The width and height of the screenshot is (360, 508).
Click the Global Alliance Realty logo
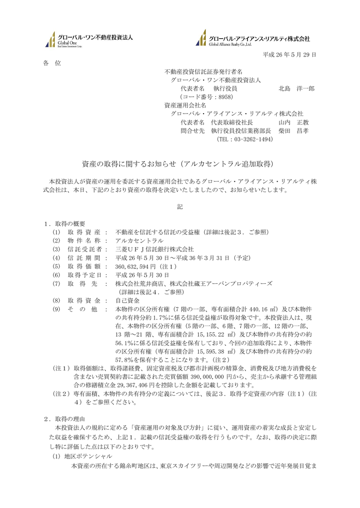coord(253,39)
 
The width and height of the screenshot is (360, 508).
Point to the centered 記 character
coord(180,206)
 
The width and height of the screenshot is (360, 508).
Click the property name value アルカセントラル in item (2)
coord(136,240)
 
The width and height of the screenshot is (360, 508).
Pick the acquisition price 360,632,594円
coord(136,266)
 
